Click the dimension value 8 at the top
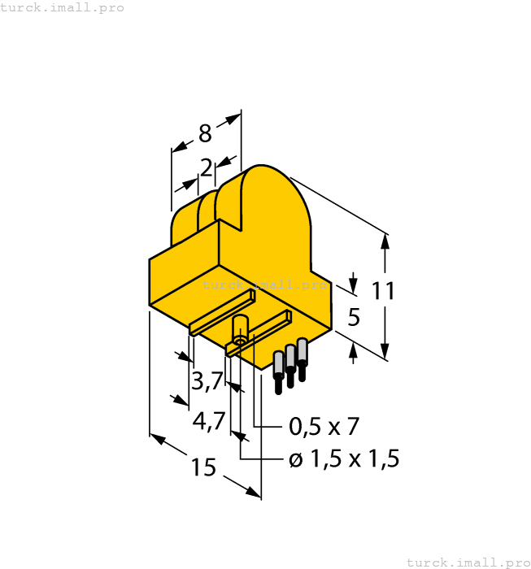pyautogui.click(x=205, y=132)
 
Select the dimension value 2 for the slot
pyautogui.click(x=207, y=168)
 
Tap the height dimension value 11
pyautogui.click(x=383, y=291)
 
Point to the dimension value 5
pyautogui.click(x=353, y=317)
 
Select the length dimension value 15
pyautogui.click(x=203, y=467)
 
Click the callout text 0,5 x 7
pyautogui.click(x=324, y=426)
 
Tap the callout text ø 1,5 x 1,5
pyautogui.click(x=344, y=459)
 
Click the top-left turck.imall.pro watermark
pyautogui.click(x=63, y=7)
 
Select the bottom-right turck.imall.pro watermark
pyautogui.click(x=468, y=562)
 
